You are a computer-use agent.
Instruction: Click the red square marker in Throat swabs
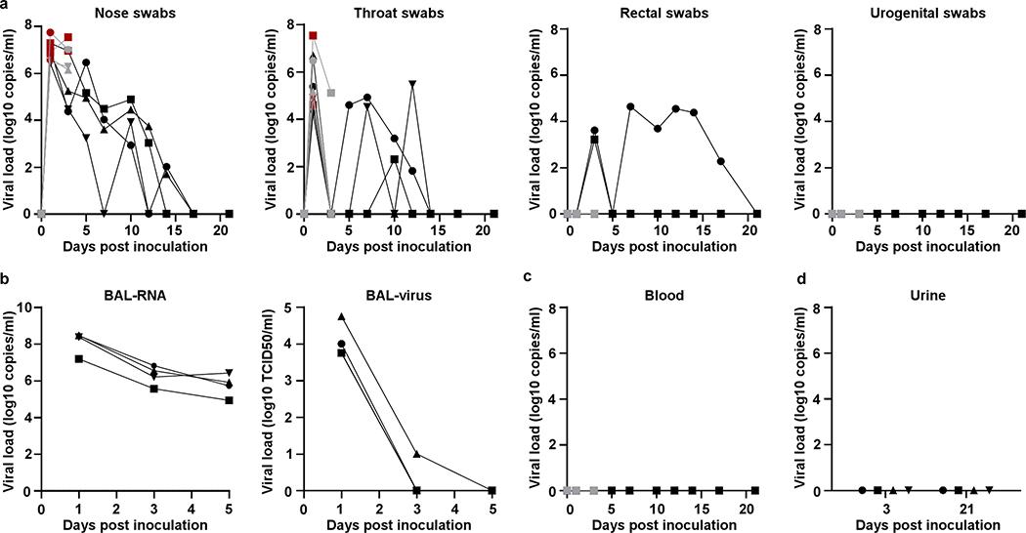coord(314,35)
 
